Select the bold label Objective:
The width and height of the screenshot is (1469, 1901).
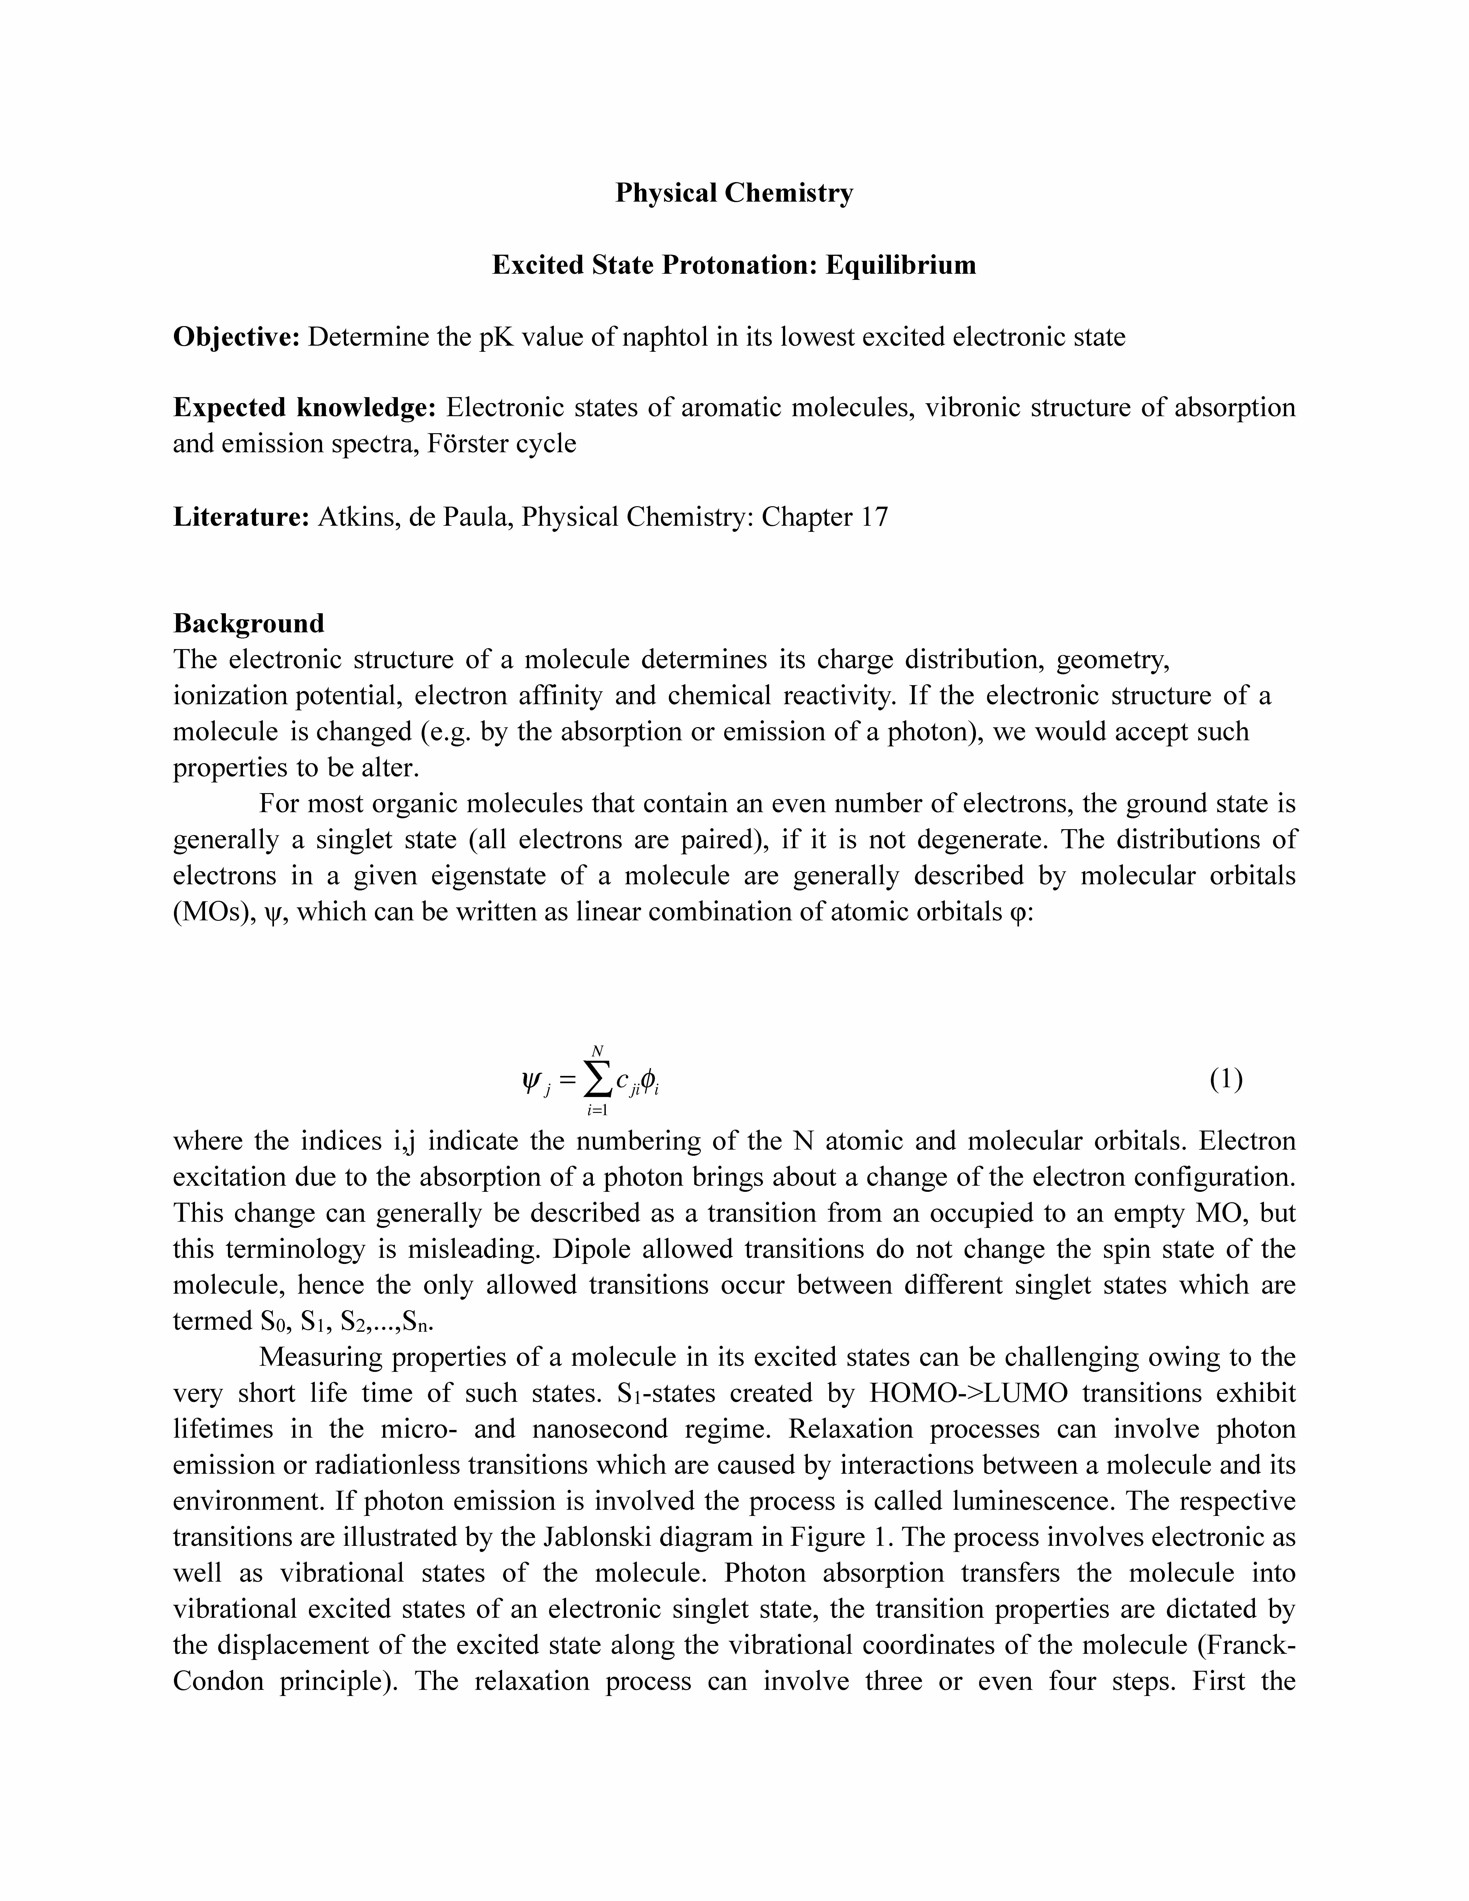237,337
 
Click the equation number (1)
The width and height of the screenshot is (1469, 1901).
1225,1079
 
